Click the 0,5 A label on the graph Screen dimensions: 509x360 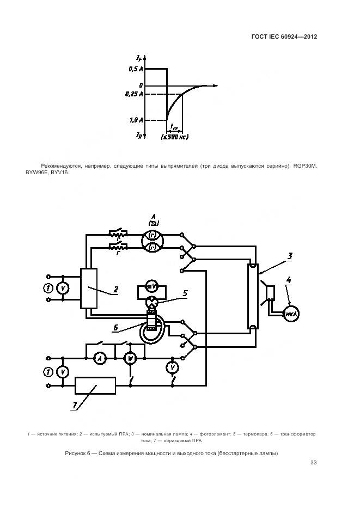[x=136, y=69]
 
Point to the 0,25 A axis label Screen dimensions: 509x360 [x=134, y=94]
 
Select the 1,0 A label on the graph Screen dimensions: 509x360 [x=136, y=120]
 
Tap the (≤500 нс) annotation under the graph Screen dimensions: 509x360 [x=175, y=137]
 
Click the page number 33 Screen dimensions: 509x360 [x=313, y=463]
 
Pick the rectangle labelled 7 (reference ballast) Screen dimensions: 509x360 [x=95, y=385]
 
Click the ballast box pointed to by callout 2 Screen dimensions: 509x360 [x=88, y=289]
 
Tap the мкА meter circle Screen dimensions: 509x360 [x=291, y=314]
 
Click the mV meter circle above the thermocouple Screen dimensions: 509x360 [x=153, y=286]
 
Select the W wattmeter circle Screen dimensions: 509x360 [x=130, y=358]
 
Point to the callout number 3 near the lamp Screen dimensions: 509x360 [x=290, y=255]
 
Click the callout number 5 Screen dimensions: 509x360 [x=185, y=293]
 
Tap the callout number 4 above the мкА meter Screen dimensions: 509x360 [x=289, y=281]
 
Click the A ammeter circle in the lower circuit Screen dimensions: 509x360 [x=99, y=358]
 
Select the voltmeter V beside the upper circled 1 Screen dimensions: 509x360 [x=63, y=287]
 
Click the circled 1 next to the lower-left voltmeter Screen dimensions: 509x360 [x=48, y=371]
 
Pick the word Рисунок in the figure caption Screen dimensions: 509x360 [x=75, y=453]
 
